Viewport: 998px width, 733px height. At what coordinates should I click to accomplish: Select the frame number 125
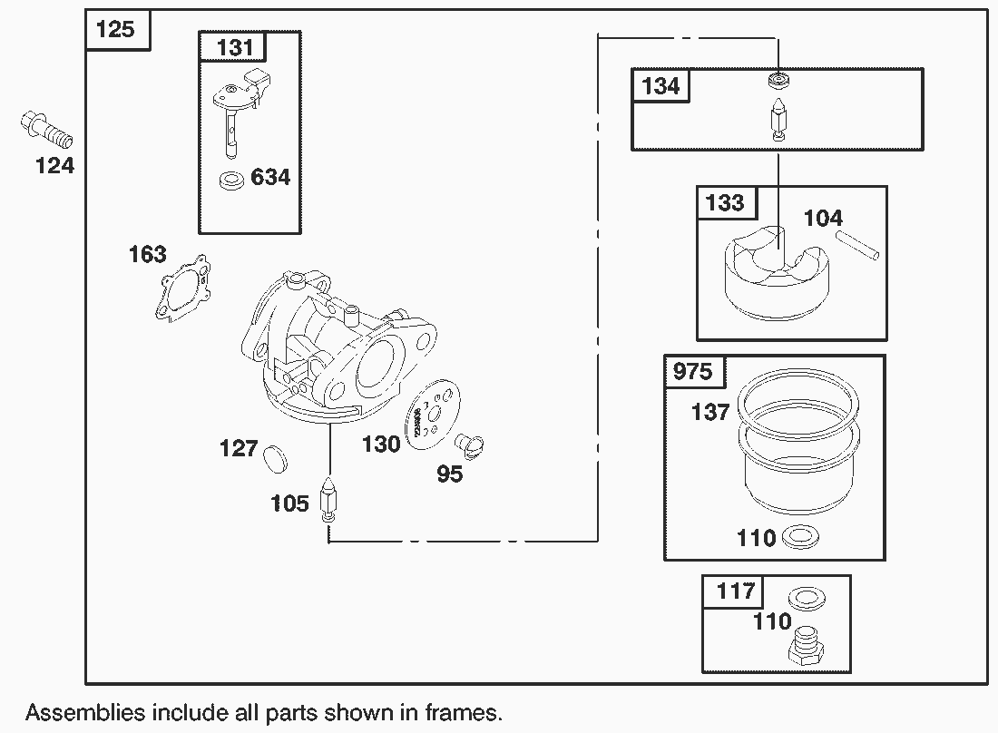pyautogui.click(x=115, y=29)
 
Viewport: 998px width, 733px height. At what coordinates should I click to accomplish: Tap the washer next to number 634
pyautogui.click(x=232, y=180)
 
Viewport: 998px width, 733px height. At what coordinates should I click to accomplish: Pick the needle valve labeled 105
pyautogui.click(x=328, y=499)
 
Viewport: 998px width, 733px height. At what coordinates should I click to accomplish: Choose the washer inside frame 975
pyautogui.click(x=797, y=537)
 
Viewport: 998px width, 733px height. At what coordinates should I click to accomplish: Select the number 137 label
pyautogui.click(x=709, y=412)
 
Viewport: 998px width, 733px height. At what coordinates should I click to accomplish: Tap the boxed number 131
pyautogui.click(x=235, y=47)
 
